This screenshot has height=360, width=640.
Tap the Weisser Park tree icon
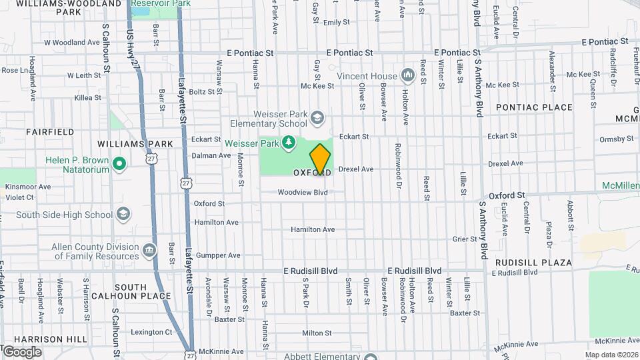288,142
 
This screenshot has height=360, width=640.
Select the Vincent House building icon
407,76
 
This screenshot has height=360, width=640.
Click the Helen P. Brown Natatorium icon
119,163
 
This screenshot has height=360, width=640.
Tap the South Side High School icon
123,214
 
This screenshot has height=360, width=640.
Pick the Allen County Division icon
149,251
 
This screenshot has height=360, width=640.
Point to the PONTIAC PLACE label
534,107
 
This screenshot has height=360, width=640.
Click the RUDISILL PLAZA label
533,263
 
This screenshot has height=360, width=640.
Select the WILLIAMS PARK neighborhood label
135,144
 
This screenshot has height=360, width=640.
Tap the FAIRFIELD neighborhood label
50,132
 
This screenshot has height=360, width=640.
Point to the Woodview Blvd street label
303,193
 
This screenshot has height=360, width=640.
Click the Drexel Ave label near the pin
355,169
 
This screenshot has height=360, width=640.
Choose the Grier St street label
465,239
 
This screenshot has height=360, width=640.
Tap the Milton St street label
317,333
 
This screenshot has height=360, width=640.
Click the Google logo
21,352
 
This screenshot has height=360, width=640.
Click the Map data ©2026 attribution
611,355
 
